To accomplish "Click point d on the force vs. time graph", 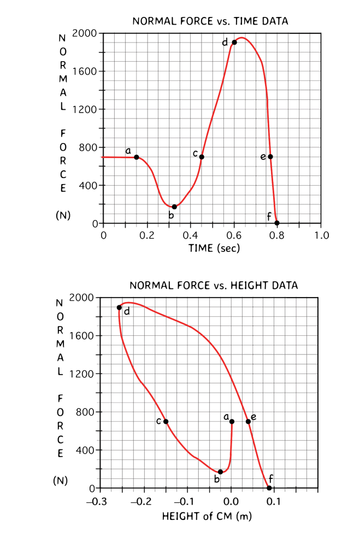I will [234, 42].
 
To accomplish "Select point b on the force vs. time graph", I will [174, 206].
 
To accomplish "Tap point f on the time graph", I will [277, 223].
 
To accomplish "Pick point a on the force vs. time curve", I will [137, 157].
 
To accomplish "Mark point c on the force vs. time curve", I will [202, 157].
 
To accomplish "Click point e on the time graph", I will [270, 157].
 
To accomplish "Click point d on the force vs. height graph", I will [119, 307].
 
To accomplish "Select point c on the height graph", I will [166, 422].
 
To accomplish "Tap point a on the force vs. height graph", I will [232, 422].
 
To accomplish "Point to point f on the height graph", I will [269, 488].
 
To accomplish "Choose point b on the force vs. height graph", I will [221, 471].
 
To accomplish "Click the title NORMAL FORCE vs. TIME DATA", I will [210, 21].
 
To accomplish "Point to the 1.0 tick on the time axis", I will [322, 235].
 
